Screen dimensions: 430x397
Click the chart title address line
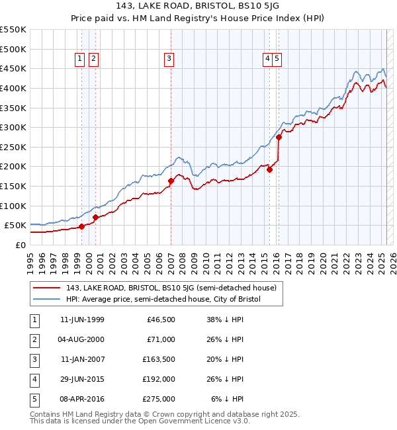click(198, 7)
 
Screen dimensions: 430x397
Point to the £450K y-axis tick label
click(13, 68)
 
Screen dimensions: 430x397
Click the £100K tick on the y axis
click(13, 206)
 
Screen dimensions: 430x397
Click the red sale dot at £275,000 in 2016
click(279, 137)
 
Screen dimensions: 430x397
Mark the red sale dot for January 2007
click(171, 181)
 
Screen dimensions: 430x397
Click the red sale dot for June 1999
click(81, 226)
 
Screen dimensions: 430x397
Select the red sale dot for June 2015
click(270, 169)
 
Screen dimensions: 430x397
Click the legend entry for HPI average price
click(163, 299)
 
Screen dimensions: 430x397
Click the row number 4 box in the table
click(34, 379)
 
